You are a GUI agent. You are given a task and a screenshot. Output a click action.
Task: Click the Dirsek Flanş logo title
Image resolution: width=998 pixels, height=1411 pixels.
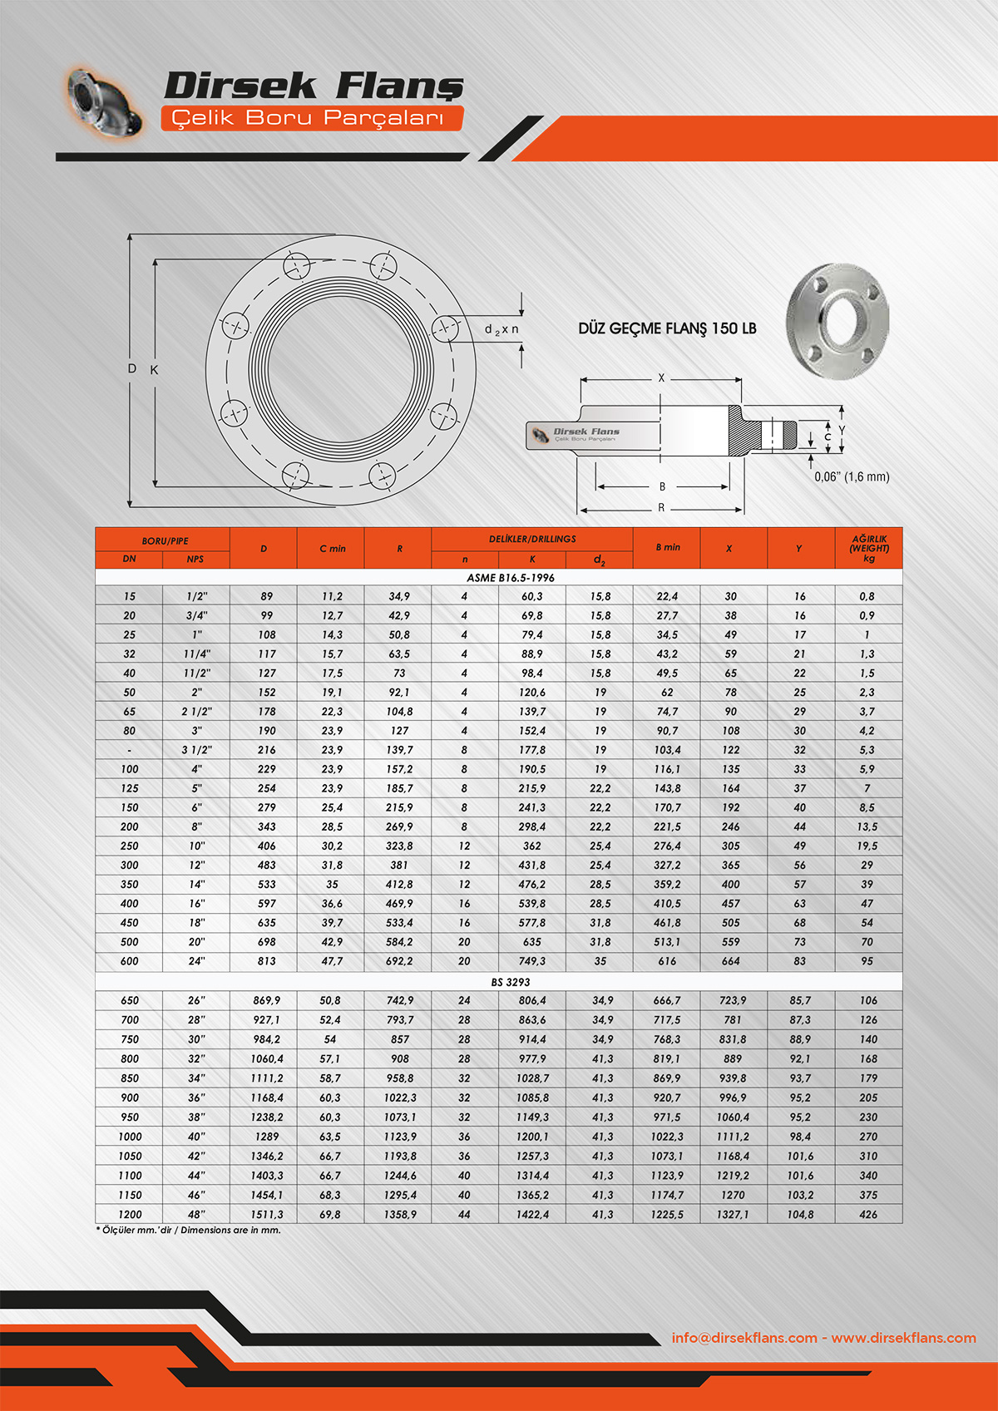click(x=313, y=86)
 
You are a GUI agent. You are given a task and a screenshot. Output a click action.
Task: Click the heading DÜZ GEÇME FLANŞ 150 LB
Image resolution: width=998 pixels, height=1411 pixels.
click(x=667, y=328)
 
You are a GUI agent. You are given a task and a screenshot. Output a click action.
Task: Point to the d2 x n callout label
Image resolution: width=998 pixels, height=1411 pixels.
click(x=501, y=329)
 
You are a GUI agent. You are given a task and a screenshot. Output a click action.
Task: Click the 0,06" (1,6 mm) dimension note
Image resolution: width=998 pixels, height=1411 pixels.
click(x=852, y=476)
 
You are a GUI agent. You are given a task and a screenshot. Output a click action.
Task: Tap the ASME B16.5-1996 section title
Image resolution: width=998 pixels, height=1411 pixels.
click(x=510, y=578)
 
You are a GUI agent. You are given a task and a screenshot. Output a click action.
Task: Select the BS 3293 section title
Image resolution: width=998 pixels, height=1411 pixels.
click(x=510, y=982)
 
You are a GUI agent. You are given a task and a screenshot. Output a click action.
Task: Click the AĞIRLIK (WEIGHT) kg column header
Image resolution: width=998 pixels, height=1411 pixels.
click(x=868, y=549)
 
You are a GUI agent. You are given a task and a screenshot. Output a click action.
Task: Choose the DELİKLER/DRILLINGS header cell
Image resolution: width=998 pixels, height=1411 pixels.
click(x=532, y=539)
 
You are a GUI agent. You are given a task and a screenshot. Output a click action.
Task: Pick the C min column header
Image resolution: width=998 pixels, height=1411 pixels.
click(x=332, y=549)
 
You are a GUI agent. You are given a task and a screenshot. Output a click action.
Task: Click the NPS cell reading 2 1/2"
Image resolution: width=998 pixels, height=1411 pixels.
click(x=196, y=712)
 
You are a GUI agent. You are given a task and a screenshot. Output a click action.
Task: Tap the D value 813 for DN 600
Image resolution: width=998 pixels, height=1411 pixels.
click(x=266, y=961)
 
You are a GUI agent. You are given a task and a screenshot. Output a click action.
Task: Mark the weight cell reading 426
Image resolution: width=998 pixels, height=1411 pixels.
click(x=868, y=1215)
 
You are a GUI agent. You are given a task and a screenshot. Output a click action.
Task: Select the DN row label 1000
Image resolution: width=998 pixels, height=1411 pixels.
click(x=130, y=1137)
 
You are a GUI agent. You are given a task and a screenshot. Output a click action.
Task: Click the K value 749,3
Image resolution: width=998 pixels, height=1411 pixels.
click(x=532, y=961)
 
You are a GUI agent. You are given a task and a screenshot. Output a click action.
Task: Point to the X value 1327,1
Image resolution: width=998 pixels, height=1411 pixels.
click(x=733, y=1215)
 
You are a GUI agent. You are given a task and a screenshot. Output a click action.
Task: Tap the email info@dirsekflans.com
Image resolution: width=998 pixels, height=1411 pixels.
click(x=744, y=1338)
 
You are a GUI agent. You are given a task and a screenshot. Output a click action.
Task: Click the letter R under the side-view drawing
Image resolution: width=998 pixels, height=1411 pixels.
click(x=661, y=507)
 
